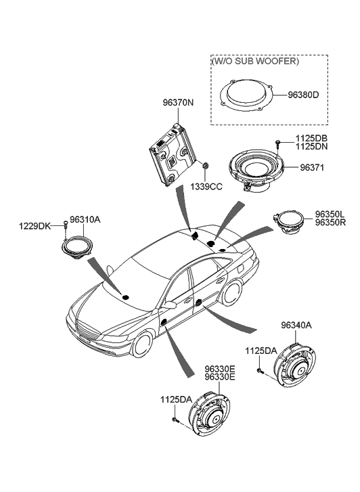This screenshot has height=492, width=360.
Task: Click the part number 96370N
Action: (x=177, y=103)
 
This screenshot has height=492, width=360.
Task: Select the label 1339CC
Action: (x=206, y=186)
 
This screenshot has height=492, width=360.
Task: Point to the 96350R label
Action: (x=330, y=223)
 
